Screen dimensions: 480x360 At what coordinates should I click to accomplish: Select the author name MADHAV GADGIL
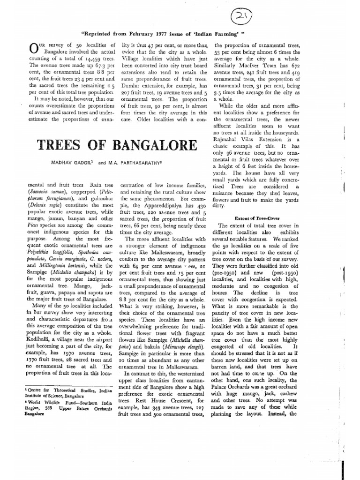click(80, 165)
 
